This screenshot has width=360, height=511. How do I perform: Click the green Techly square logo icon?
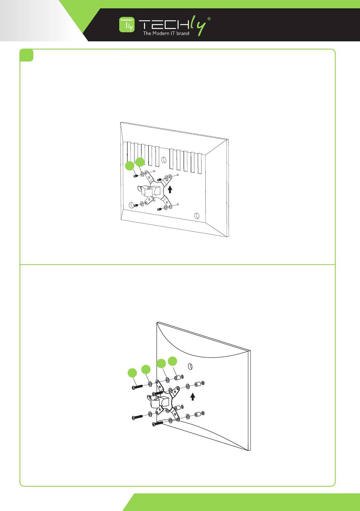[x=127, y=24]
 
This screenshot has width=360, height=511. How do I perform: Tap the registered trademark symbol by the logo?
[x=209, y=19]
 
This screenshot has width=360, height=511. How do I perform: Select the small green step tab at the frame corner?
[x=27, y=55]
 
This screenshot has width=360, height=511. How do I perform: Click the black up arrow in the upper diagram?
[x=170, y=189]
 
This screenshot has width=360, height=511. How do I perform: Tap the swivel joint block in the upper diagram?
[x=148, y=190]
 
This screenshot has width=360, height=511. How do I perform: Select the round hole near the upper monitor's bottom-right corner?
[x=196, y=216]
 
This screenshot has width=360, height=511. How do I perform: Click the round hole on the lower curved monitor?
[x=190, y=367]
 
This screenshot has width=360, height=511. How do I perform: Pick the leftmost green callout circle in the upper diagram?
[x=130, y=166]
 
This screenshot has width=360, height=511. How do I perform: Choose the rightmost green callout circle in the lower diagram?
[x=172, y=361]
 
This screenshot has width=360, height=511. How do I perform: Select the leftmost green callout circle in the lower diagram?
[x=132, y=373]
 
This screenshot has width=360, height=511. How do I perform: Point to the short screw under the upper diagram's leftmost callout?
[x=136, y=176]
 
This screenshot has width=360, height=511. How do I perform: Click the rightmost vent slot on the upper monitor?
[x=200, y=163]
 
